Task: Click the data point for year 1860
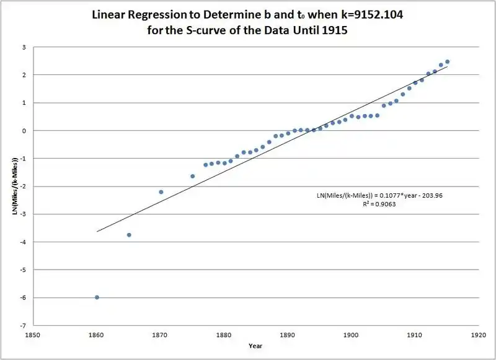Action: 97,297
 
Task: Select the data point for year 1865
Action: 129,235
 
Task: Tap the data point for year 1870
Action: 161,192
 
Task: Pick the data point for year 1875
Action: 193,176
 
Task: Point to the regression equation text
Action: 380,195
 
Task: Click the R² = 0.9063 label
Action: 379,204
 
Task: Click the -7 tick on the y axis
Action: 23,325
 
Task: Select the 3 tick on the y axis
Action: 24,47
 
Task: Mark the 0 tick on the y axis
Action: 24,131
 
